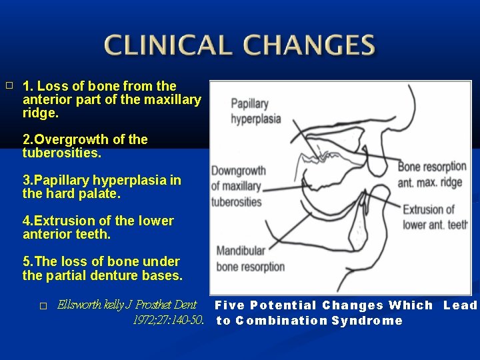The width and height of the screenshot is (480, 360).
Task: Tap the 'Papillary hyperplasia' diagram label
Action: (x=256, y=111)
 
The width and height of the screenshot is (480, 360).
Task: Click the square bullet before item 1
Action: (x=9, y=86)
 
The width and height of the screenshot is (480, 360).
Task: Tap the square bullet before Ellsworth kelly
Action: (x=43, y=306)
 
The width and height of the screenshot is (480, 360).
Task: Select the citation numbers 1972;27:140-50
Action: (x=168, y=320)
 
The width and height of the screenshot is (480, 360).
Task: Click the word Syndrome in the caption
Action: (x=367, y=321)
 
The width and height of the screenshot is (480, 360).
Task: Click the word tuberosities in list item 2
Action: (x=61, y=153)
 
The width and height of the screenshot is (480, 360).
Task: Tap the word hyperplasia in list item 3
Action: (x=131, y=181)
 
